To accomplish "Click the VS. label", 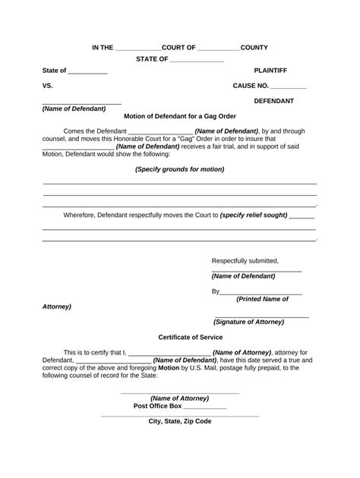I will click(x=48, y=86).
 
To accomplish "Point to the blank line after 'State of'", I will click(x=88, y=72).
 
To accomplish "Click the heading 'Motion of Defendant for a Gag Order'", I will click(x=179, y=116).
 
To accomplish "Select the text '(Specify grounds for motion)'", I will click(x=180, y=169).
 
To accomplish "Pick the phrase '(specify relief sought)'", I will click(x=253, y=215).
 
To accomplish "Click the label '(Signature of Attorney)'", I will click(x=249, y=322).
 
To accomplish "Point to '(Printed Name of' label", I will click(x=262, y=299).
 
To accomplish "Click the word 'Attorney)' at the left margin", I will click(x=56, y=307).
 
